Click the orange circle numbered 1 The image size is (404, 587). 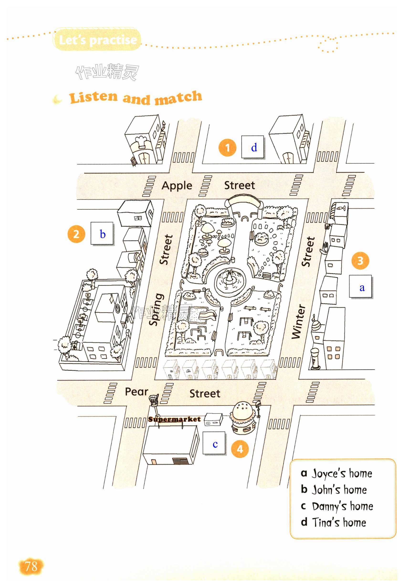[x=227, y=147]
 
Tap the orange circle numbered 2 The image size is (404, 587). [x=76, y=234]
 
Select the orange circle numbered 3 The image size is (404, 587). [x=360, y=260]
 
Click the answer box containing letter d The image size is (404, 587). [x=253, y=147]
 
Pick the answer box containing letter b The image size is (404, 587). [x=102, y=233]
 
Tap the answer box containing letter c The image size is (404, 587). [x=214, y=443]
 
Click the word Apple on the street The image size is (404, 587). [x=177, y=186]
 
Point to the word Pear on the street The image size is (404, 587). [x=136, y=391]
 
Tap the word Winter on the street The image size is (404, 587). [x=299, y=321]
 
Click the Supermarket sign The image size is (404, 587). [x=174, y=419]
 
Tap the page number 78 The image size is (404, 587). [x=31, y=566]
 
